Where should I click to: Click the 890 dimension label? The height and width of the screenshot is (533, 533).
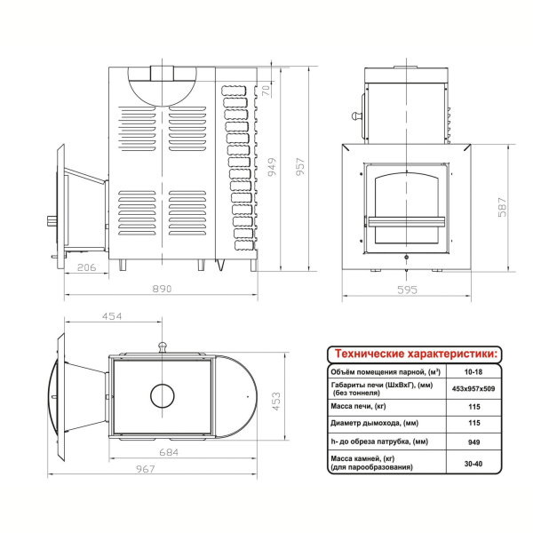coord(162,289)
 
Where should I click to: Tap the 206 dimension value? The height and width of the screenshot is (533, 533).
coord(87,267)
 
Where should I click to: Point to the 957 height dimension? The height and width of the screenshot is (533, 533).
coord(300,167)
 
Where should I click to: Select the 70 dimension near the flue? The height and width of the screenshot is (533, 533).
coord(266,91)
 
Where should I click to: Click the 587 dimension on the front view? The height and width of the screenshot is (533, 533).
coord(502,207)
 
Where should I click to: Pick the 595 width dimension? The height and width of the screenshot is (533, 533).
coord(407,290)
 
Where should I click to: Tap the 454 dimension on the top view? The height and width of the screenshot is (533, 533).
coord(112,316)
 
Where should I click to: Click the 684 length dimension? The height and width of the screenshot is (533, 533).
coord(169,452)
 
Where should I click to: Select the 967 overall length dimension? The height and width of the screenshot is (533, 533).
coord(146,469)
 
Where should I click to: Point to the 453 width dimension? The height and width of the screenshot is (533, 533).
coord(276,402)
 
